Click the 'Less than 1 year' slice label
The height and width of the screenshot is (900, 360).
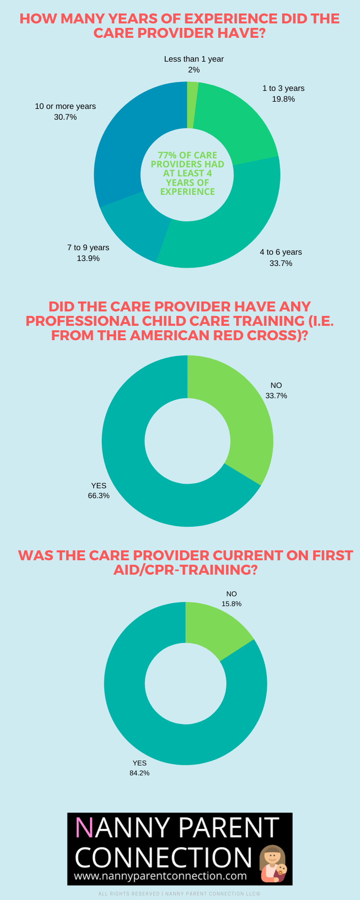pyautogui.click(x=193, y=59)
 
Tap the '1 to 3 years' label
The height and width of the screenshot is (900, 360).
pyautogui.click(x=283, y=88)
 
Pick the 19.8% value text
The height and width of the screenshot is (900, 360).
pyautogui.click(x=283, y=99)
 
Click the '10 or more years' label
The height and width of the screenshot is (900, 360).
pyautogui.click(x=65, y=106)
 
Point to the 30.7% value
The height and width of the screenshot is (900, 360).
pyautogui.click(x=65, y=117)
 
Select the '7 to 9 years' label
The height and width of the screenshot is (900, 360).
pyautogui.click(x=88, y=247)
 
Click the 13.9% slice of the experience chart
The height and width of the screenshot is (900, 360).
pyautogui.click(x=135, y=225)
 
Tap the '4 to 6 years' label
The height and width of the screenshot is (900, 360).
pyautogui.click(x=281, y=252)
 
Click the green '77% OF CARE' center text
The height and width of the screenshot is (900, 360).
pyautogui.click(x=187, y=155)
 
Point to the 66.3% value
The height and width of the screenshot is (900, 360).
pyautogui.click(x=99, y=495)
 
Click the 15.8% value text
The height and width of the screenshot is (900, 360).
pyautogui.click(x=231, y=604)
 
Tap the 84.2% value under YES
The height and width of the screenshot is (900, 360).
pyautogui.click(x=139, y=773)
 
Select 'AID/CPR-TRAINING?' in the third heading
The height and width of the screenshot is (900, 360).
pyautogui.click(x=185, y=570)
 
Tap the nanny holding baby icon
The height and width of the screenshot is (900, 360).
pyautogui.click(x=274, y=863)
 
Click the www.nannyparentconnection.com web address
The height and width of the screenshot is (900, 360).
pyautogui.click(x=160, y=876)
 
